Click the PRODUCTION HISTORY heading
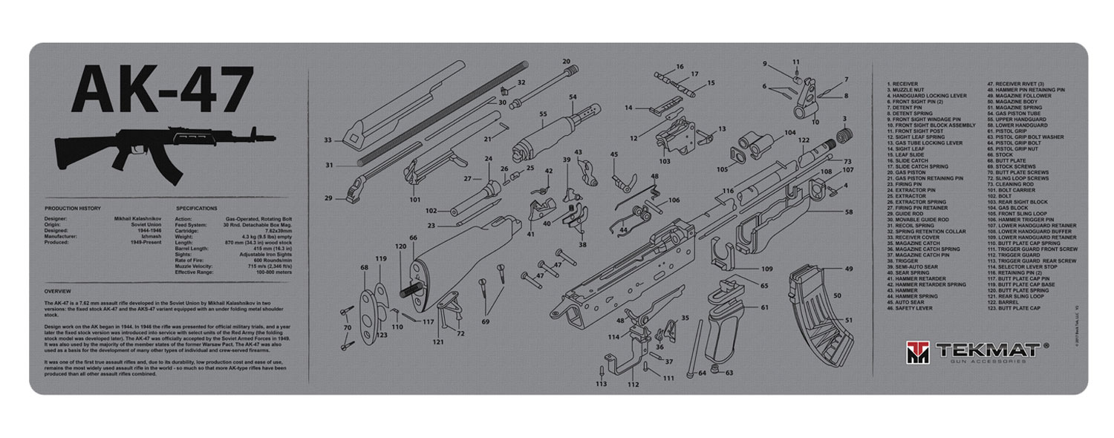point(73,209)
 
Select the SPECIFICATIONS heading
point(197,209)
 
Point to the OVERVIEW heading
point(57,290)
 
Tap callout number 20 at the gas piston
point(566,61)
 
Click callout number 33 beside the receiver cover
point(328,140)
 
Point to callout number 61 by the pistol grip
point(764,307)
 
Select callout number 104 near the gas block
point(789,133)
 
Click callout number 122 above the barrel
point(804,140)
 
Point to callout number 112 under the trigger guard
point(633,385)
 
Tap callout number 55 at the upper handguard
point(544,114)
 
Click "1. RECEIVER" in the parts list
point(903,84)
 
